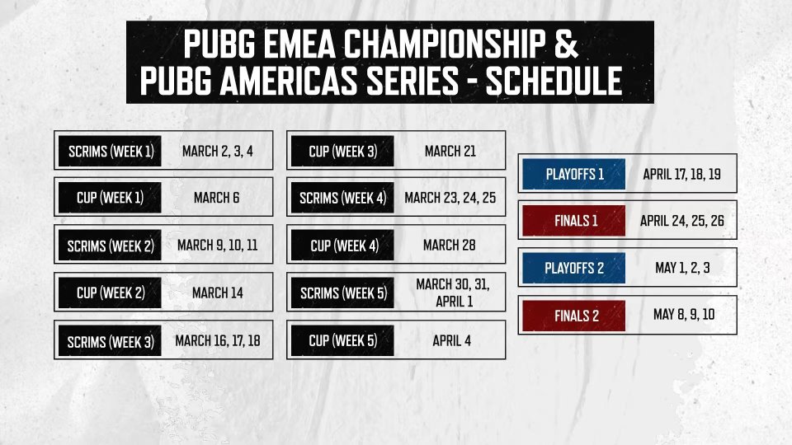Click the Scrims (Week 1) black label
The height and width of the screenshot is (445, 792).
pyautogui.click(x=110, y=151)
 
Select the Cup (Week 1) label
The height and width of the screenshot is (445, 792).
pyautogui.click(x=110, y=197)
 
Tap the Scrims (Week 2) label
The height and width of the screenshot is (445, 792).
pyautogui.click(x=110, y=246)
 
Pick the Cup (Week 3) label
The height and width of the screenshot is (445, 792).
pyautogui.click(x=342, y=151)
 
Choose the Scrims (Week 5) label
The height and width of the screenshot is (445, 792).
pyautogui.click(x=342, y=293)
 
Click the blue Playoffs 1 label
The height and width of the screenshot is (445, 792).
pyautogui.click(x=574, y=174)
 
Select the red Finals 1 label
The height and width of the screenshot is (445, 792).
pyautogui.click(x=574, y=221)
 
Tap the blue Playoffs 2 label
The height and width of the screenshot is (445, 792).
pyautogui.click(x=574, y=268)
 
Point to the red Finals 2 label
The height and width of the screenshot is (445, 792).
pyautogui.click(x=574, y=316)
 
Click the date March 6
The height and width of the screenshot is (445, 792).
pyautogui.click(x=217, y=198)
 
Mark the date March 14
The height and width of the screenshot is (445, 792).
pyautogui.click(x=218, y=293)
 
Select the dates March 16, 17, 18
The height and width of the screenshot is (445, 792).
pyautogui.click(x=218, y=341)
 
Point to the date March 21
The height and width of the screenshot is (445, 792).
pyautogui.click(x=450, y=151)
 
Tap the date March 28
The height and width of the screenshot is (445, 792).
pyautogui.click(x=450, y=246)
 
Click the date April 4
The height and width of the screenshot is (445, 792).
pyautogui.click(x=451, y=341)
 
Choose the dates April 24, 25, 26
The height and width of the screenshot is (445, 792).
pyautogui.click(x=682, y=221)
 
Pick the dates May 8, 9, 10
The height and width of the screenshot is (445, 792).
pyautogui.click(x=684, y=315)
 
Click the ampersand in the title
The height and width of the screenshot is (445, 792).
pyautogui.click(x=566, y=44)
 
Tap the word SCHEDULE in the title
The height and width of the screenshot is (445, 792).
pyautogui.click(x=554, y=81)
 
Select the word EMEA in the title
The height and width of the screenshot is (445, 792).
pyautogui.click(x=299, y=44)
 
